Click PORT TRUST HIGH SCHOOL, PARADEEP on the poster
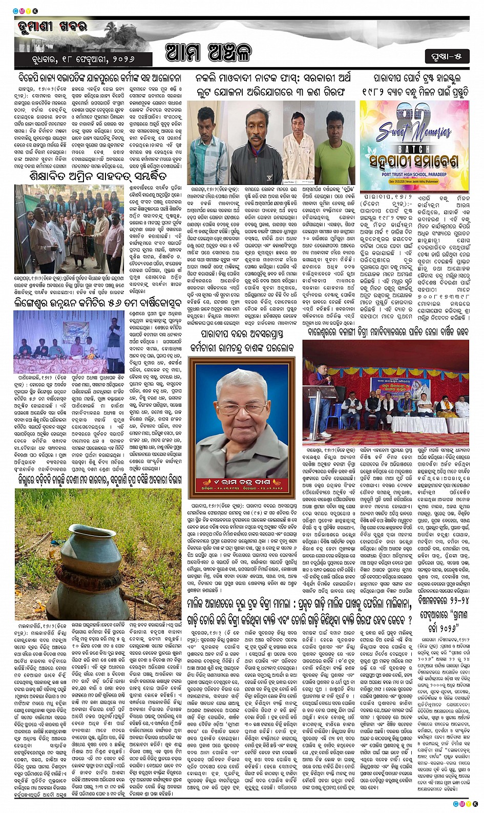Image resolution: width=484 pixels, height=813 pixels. coord(414,173)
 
